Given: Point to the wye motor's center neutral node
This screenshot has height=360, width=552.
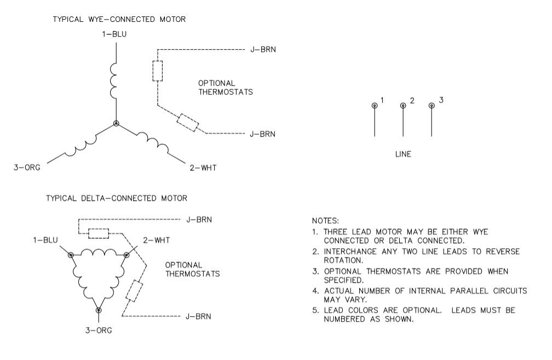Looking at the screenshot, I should [116, 124].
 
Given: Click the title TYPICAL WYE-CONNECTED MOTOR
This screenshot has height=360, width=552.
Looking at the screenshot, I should [119, 19].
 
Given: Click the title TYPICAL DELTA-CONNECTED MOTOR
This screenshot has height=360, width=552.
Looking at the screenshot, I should [116, 197].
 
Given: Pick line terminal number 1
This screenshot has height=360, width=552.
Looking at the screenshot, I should [375, 105].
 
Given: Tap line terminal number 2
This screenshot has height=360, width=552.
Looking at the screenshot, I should [403, 105].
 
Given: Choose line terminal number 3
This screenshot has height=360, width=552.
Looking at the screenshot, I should [432, 105].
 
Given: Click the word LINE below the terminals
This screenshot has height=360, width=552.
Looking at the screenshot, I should [403, 155].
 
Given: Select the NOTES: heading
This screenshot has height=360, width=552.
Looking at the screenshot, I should [325, 221].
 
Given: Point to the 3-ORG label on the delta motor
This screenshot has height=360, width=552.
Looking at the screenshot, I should [99, 331].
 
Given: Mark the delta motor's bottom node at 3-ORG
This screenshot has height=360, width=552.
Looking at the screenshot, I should [99, 310].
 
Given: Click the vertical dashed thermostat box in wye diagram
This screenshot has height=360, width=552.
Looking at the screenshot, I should [158, 71].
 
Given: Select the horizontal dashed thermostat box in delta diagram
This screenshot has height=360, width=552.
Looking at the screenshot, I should [99, 233].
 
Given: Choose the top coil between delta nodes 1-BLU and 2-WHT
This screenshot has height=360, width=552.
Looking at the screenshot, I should [99, 253].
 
